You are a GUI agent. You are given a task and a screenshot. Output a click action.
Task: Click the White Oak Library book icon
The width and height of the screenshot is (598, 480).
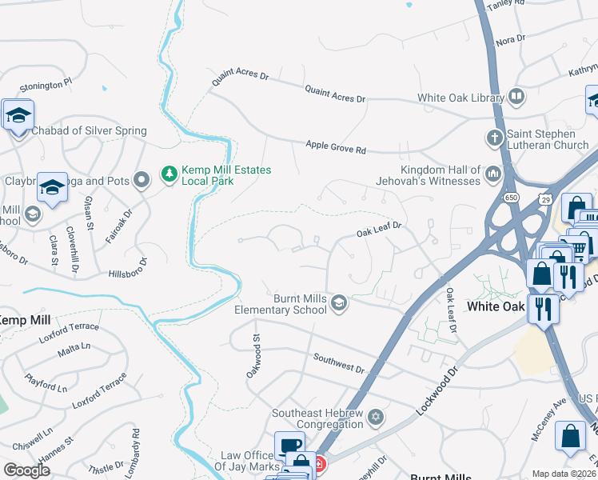[x=516, y=98]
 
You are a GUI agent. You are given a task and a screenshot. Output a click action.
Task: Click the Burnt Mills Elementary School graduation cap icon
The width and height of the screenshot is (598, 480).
[x=339, y=302]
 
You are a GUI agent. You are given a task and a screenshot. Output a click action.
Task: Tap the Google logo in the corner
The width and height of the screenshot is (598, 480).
[x=26, y=470]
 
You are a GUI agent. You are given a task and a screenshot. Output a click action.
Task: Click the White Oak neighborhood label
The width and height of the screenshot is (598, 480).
[x=496, y=306]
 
